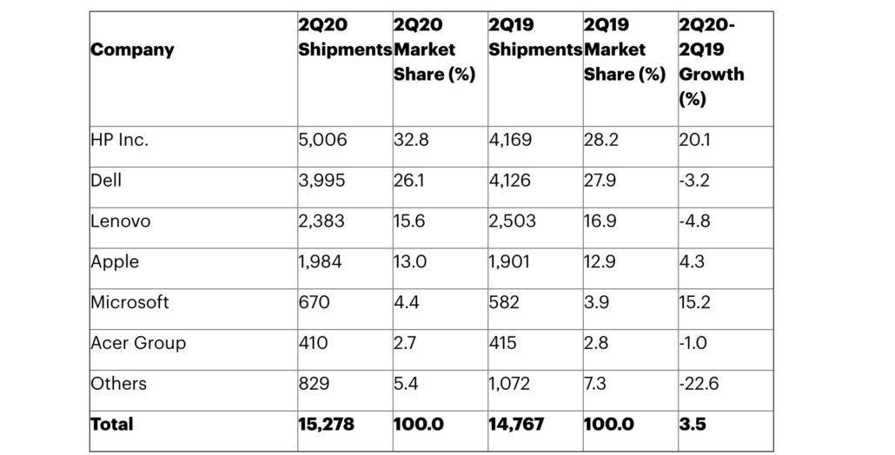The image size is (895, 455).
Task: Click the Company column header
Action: (132, 50)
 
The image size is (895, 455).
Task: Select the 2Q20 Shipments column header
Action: (344, 38)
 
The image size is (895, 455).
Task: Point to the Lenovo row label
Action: (121, 221)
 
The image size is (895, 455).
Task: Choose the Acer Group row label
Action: (138, 343)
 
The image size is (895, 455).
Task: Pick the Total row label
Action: (112, 425)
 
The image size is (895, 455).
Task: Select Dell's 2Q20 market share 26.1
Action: (410, 181)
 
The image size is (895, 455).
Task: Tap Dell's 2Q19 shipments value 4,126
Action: (512, 181)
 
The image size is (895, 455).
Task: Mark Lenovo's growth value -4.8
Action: (694, 221)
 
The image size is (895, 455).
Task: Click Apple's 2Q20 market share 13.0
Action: (410, 262)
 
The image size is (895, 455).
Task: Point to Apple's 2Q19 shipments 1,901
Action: (510, 262)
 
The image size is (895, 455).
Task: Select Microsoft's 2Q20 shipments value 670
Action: (314, 302)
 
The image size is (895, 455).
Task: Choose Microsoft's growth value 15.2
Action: (694, 302)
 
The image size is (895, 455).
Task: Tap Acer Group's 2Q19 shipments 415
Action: (502, 343)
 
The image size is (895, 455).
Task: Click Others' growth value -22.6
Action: (699, 384)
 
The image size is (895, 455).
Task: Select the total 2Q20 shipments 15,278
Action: (327, 425)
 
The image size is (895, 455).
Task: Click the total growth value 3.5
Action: (692, 425)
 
